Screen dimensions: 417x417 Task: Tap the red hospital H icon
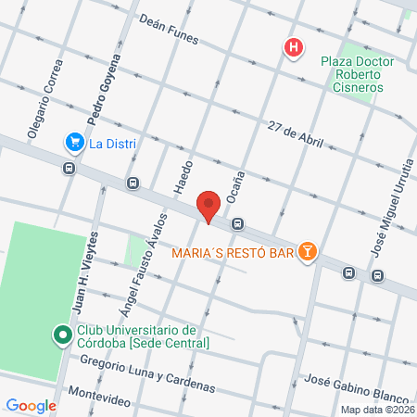tap(294, 48)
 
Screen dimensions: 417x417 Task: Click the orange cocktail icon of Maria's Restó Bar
tap(308, 250)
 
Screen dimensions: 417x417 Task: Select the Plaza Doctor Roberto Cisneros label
tap(357, 75)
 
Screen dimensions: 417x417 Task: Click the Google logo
tap(32, 405)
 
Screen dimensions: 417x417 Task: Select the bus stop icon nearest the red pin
tap(239, 223)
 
